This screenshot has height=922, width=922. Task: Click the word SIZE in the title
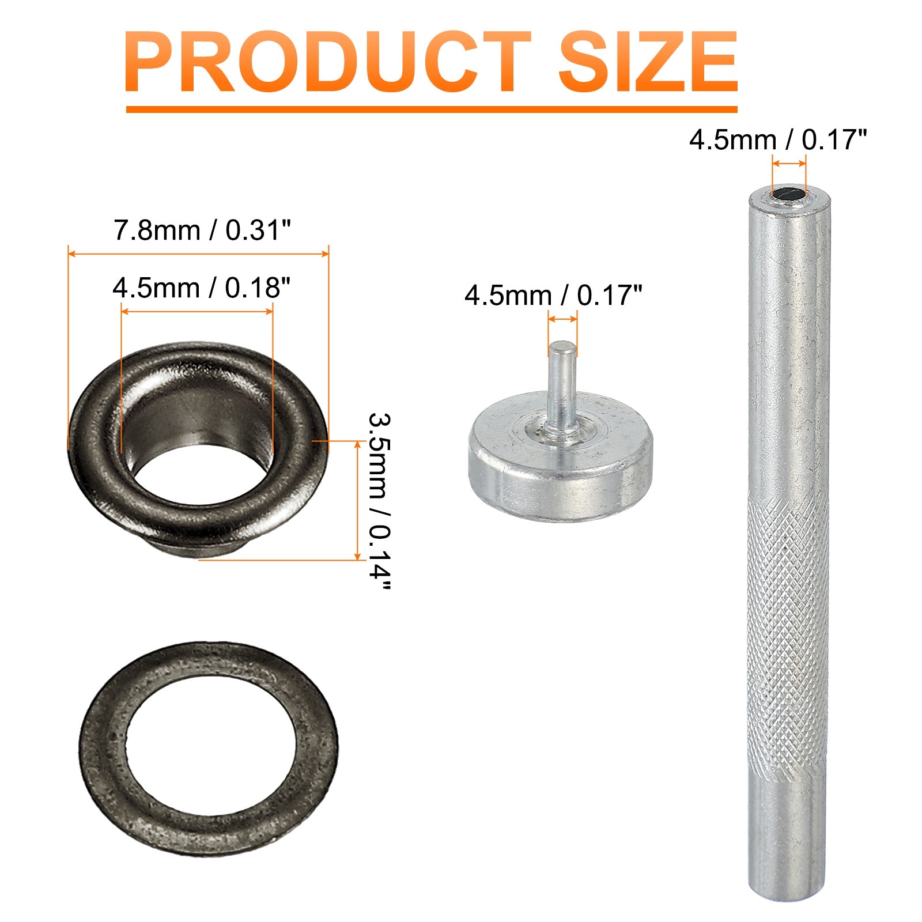(x=648, y=62)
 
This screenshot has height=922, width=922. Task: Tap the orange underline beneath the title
(x=432, y=109)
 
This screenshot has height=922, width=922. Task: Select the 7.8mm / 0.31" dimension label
(x=202, y=231)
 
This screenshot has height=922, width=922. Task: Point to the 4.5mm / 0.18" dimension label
(x=201, y=288)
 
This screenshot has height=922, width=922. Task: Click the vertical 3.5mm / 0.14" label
(x=379, y=500)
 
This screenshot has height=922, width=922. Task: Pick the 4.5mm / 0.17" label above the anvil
(x=553, y=296)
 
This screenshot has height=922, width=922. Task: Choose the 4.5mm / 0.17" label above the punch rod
(x=778, y=140)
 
